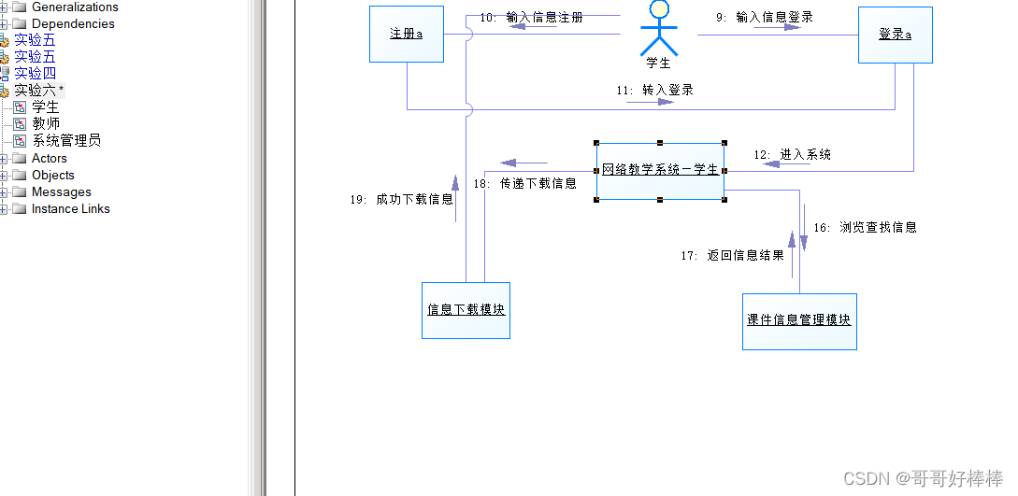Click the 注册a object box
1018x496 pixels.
406,35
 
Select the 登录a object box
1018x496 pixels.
895,35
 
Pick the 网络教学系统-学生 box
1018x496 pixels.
660,171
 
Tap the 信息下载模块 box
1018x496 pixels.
466,309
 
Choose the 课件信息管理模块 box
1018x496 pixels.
799,320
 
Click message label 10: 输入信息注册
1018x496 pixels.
531,17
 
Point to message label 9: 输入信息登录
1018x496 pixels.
765,17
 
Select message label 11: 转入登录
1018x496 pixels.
654,91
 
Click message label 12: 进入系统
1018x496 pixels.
792,154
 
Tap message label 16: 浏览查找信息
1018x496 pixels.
865,227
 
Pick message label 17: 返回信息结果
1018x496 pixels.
732,255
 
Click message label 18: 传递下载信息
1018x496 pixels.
524,183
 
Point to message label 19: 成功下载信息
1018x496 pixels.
401,199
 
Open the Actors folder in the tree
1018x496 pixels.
50,158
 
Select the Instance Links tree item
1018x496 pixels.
70,208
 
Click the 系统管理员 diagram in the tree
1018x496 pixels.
66,141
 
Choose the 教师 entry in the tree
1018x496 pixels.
46,123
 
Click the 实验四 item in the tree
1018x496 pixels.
35,73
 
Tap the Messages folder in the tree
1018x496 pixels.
61,191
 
